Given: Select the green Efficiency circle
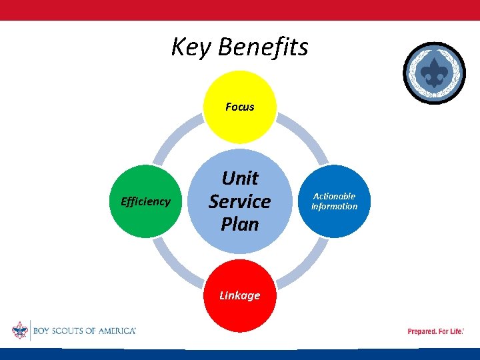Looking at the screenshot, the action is tap(145, 201).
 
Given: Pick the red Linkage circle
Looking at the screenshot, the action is tap(240, 296).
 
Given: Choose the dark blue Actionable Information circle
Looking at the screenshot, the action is tap(335, 201).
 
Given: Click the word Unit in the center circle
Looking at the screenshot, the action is tap(240, 178).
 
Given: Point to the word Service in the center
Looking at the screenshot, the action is tap(240, 201).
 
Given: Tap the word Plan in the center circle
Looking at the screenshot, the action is tap(240, 224).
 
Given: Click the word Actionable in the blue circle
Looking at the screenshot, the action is tap(335, 196).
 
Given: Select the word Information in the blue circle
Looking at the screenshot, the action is tap(335, 207).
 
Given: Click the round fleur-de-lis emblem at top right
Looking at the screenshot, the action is tap(435, 73).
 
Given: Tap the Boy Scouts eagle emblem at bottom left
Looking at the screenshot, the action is tap(19, 331).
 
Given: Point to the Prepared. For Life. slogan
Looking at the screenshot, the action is tap(435, 331).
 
